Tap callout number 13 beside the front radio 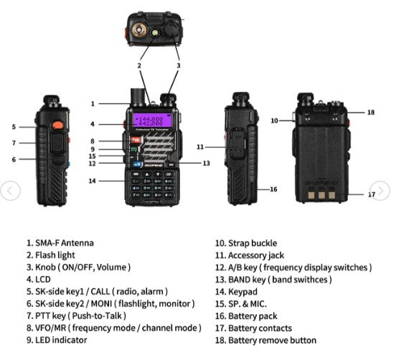(x=205, y=163)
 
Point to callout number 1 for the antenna (x=93, y=103)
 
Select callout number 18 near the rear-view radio (x=370, y=112)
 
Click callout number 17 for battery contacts (x=371, y=194)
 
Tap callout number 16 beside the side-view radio (x=273, y=189)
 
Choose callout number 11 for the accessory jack (x=200, y=146)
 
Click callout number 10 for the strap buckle (x=274, y=120)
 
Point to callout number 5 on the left (x=14, y=127)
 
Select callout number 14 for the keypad (x=92, y=181)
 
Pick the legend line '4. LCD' (x=39, y=279)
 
